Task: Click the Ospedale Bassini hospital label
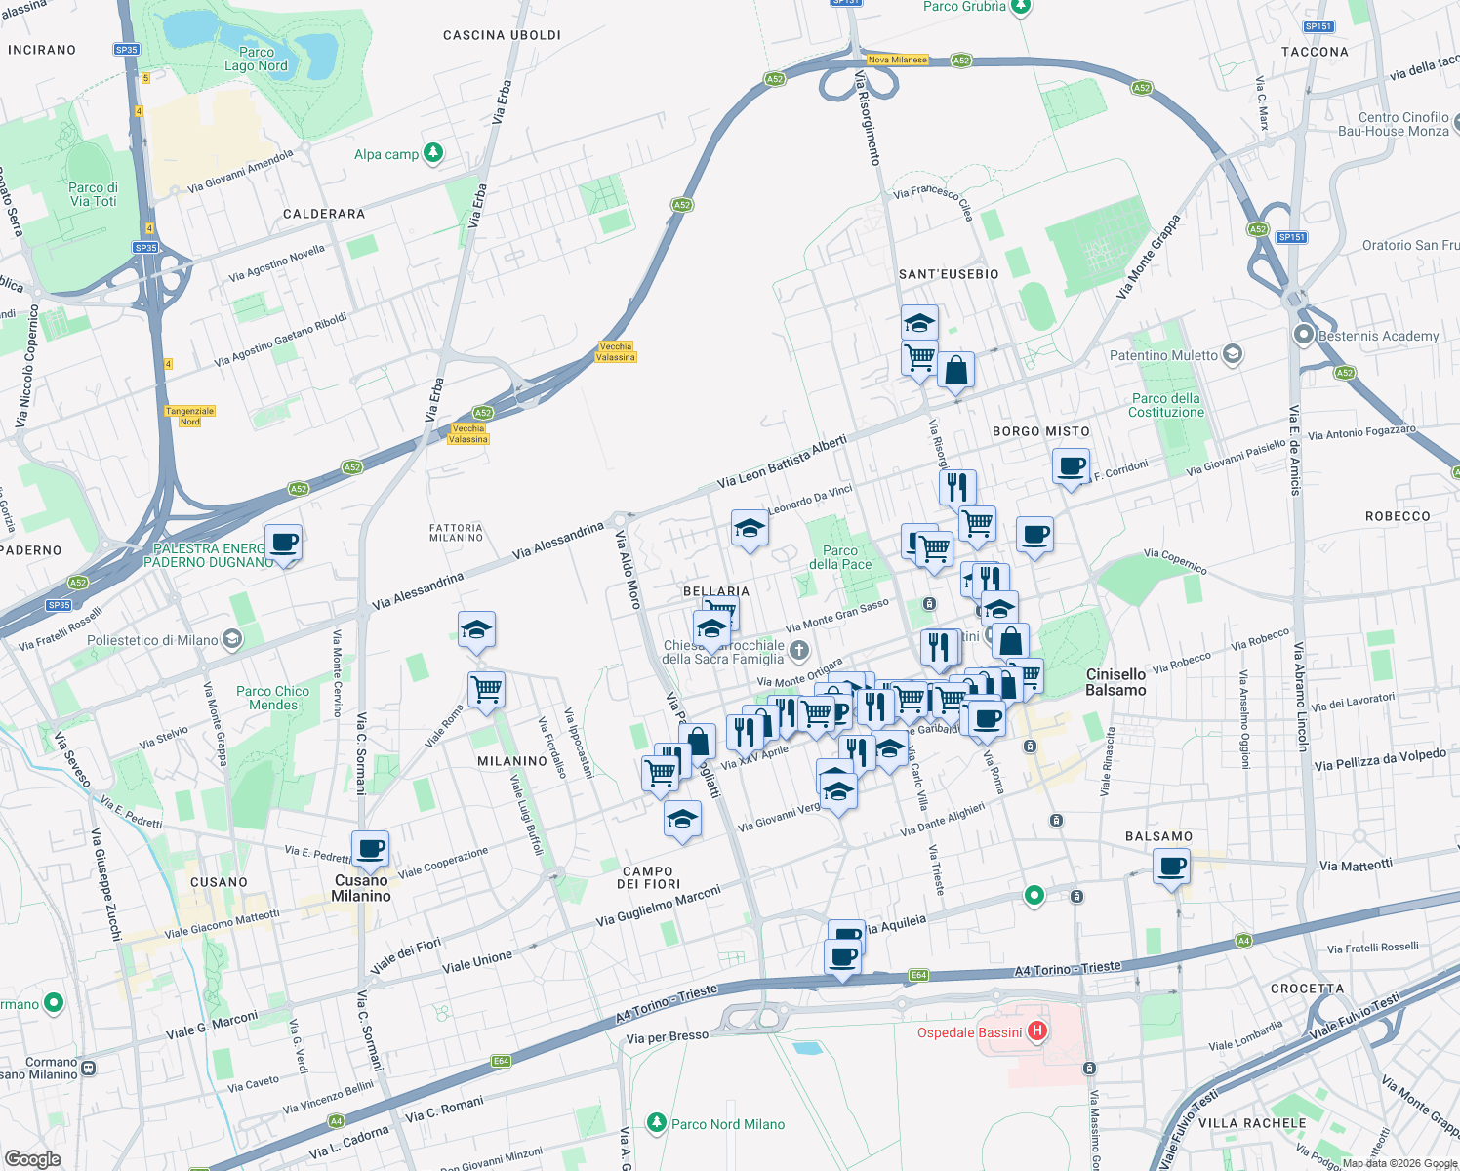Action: (x=969, y=1032)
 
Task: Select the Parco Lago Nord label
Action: (x=256, y=60)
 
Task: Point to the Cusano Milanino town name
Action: (x=361, y=888)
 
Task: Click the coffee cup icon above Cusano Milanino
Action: (x=370, y=848)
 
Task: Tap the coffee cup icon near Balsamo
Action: (x=1171, y=865)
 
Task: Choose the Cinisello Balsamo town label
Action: (x=1115, y=682)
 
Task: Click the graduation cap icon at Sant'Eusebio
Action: (x=919, y=322)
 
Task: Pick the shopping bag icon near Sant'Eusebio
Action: (x=956, y=370)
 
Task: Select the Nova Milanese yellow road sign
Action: (x=897, y=60)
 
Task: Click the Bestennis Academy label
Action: (x=1378, y=336)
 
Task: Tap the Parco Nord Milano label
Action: (x=727, y=1124)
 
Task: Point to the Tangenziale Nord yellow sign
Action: (x=189, y=417)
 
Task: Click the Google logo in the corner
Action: (x=32, y=1158)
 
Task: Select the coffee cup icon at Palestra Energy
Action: (x=284, y=542)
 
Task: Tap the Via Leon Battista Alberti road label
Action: (x=782, y=462)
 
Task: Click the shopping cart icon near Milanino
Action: (x=486, y=689)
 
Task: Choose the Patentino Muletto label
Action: (x=1163, y=355)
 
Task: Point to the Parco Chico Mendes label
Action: (x=272, y=698)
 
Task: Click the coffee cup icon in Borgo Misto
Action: (x=1071, y=465)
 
